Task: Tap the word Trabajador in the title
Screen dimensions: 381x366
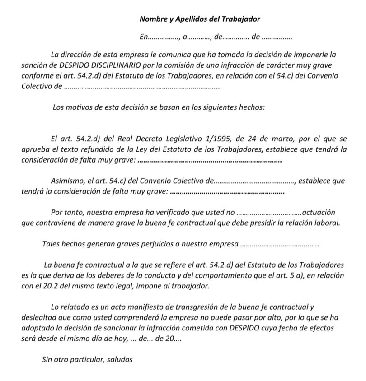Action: [244, 19]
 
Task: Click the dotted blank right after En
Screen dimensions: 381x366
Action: [165, 37]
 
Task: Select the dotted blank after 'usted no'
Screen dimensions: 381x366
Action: [269, 213]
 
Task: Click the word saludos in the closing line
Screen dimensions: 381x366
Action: [119, 360]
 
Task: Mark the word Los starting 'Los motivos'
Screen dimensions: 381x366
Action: [59, 107]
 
